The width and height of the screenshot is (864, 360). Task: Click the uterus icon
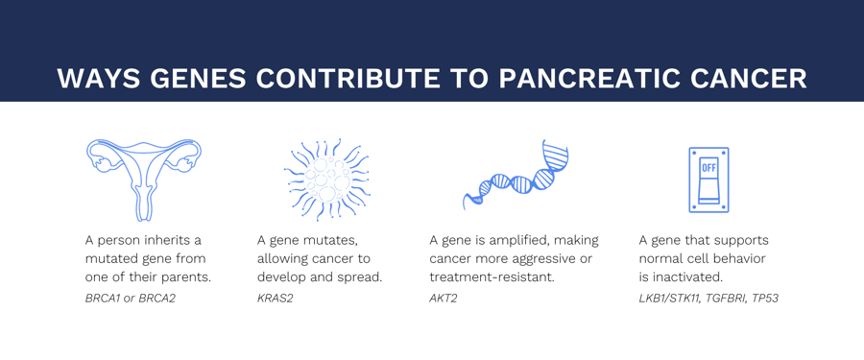[x=144, y=179]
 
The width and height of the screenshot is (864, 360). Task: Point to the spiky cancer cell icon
[x=326, y=180]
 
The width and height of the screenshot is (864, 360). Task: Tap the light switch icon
[x=708, y=180]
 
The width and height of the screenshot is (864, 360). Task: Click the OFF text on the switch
[x=708, y=167]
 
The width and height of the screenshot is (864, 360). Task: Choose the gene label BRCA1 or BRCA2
[x=131, y=299]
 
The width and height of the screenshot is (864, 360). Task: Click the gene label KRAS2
[x=276, y=299]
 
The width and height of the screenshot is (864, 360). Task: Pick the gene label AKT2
[x=444, y=299]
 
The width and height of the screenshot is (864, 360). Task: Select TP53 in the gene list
[x=765, y=299]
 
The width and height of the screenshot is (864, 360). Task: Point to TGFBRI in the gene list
[x=727, y=299]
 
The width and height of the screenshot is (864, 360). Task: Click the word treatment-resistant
[x=492, y=277]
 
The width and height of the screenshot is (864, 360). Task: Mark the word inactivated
[x=687, y=277]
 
